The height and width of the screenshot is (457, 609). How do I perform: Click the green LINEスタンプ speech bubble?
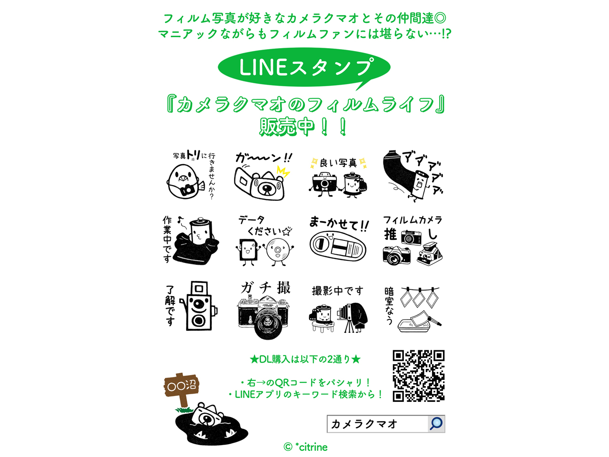pyautogui.click(x=304, y=68)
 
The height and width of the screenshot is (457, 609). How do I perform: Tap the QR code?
pyautogui.click(x=419, y=376)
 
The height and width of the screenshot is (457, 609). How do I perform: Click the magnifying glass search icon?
pyautogui.click(x=436, y=424)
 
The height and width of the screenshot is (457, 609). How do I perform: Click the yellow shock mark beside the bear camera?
pyautogui.click(x=283, y=172)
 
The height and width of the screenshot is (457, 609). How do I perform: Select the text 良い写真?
pyautogui.click(x=338, y=163)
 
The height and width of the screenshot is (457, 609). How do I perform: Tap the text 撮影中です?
pyautogui.click(x=337, y=291)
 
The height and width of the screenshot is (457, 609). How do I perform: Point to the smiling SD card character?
pyautogui.click(x=247, y=251)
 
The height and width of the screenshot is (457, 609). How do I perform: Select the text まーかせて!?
pyautogui.click(x=339, y=224)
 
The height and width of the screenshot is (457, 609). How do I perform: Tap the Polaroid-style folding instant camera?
pyautogui.click(x=430, y=254)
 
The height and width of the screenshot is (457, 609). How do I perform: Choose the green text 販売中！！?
pyautogui.click(x=303, y=127)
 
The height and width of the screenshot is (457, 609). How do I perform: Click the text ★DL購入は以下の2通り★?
pyautogui.click(x=305, y=359)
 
